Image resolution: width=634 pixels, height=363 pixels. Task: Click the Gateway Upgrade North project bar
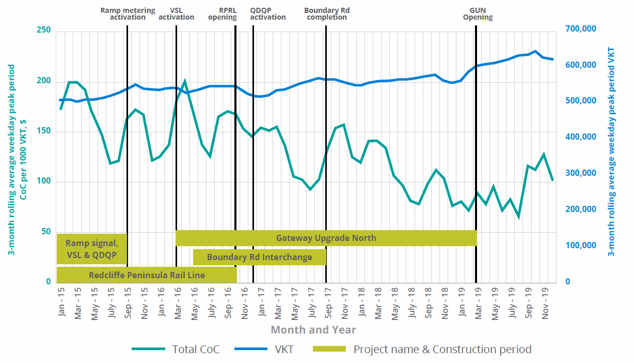(326, 238)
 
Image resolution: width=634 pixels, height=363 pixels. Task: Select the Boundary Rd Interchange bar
(259, 257)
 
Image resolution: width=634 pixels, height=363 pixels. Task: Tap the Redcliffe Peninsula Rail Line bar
(147, 275)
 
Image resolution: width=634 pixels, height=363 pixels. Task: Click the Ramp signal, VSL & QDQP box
(91, 249)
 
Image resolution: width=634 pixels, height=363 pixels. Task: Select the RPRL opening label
(223, 13)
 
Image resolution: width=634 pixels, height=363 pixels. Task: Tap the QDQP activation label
(267, 13)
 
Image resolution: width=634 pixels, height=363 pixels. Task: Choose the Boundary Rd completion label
(325, 13)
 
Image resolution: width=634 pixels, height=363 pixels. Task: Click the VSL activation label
(176, 13)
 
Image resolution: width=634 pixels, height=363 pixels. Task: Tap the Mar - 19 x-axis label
(478, 303)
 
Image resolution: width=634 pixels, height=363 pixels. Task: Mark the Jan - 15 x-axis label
(61, 303)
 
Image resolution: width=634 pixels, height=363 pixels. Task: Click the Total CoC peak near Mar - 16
(184, 81)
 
